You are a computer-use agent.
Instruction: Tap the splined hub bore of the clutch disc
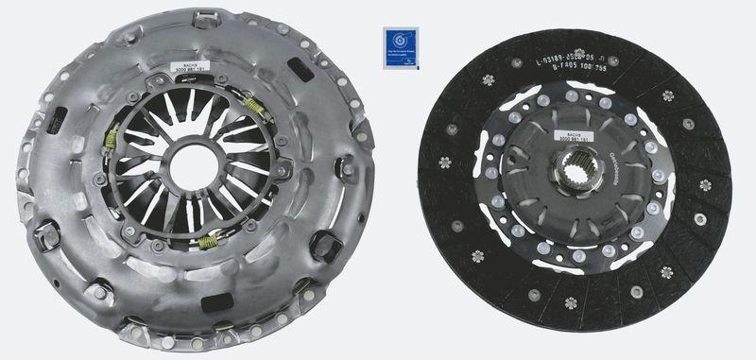click(x=575, y=179)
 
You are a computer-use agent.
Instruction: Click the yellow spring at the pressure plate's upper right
click(x=253, y=106)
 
